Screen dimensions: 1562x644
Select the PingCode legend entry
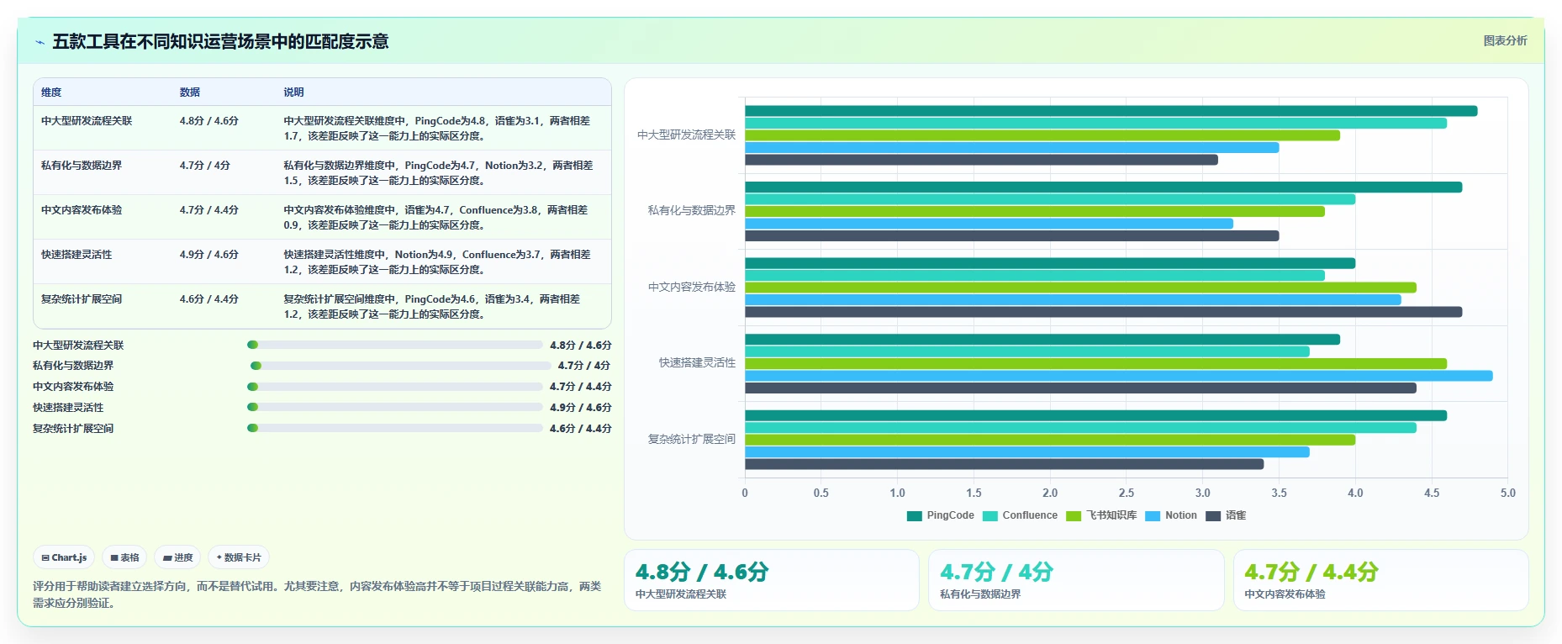coord(941,515)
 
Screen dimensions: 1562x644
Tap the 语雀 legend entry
coord(1227,515)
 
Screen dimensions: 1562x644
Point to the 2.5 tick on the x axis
coord(1127,493)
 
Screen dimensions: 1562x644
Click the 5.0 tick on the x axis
coord(1508,493)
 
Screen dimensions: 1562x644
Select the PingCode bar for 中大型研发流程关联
coord(1111,111)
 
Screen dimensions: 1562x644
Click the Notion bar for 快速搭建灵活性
coord(1119,376)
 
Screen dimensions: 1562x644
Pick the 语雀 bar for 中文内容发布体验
coord(1103,312)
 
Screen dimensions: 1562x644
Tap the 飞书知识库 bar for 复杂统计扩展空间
coord(1050,440)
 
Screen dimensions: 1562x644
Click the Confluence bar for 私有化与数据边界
coord(1050,199)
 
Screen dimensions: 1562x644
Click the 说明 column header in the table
coord(293,92)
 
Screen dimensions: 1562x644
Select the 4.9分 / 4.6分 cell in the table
coord(209,255)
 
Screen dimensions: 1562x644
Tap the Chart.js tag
coord(65,557)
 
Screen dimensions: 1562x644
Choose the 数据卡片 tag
coord(239,557)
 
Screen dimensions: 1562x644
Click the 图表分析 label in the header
coord(1505,40)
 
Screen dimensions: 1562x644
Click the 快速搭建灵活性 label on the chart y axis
coord(697,363)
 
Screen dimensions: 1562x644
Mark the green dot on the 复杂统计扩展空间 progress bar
coord(252,428)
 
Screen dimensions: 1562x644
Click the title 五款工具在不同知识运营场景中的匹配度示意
coord(220,41)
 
